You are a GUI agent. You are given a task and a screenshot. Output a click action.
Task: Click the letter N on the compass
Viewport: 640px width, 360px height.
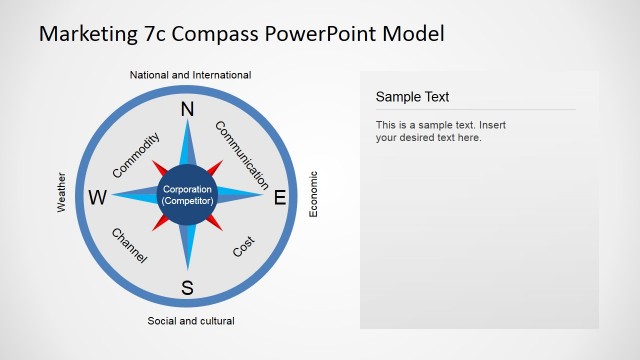(187, 110)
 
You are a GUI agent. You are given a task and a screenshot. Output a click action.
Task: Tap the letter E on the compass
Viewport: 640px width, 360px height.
(280, 198)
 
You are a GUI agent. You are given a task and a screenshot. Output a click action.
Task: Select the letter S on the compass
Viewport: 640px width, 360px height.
(187, 289)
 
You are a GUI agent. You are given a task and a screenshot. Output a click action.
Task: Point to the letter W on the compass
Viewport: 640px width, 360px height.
(97, 198)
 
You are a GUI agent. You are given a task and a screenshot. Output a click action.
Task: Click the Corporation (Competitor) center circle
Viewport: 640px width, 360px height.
(188, 195)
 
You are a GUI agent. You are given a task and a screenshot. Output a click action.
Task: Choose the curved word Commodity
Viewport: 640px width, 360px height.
(136, 155)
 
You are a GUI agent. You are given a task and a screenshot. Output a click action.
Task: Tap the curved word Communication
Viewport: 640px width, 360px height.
(242, 155)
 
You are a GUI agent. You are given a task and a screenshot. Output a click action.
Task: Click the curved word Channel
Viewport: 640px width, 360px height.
(130, 246)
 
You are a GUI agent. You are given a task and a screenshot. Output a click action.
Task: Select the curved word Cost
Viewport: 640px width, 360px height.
(244, 246)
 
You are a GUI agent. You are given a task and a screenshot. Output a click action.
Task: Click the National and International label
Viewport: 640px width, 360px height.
(190, 75)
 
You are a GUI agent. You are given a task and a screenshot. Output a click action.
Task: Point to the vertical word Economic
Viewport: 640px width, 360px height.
(313, 194)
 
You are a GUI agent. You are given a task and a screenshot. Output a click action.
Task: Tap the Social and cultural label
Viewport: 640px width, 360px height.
(191, 321)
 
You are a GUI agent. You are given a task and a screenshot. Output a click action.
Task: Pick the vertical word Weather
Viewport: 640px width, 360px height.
(62, 191)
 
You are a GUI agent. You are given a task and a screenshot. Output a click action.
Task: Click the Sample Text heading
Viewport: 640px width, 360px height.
(412, 97)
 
